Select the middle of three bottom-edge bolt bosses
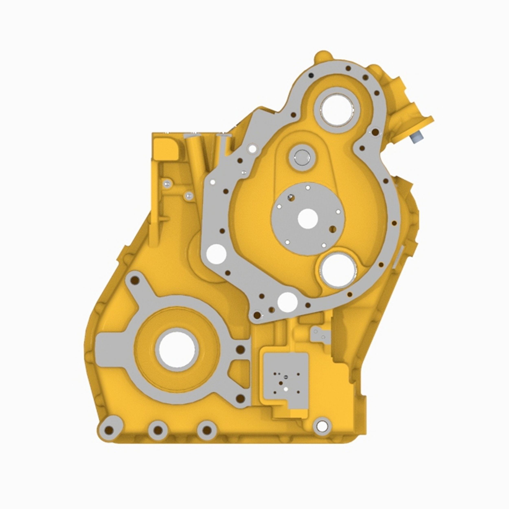(x=158, y=430)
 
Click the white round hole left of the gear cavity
(x=216, y=253)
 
